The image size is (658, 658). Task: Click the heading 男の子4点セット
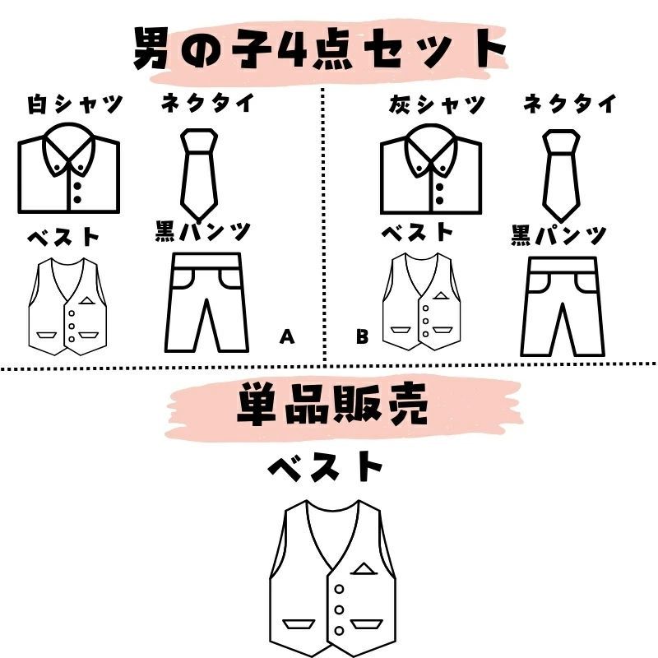[x=320, y=49]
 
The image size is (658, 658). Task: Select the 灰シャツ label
[x=437, y=104]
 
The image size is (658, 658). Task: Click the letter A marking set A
[x=287, y=336]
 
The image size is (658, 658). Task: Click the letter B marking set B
[x=362, y=336]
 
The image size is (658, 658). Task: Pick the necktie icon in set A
[x=199, y=175]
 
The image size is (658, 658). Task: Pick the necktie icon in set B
[x=562, y=176]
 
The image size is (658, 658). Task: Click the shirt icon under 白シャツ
[x=69, y=168]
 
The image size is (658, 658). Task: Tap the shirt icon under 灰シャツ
[x=431, y=169]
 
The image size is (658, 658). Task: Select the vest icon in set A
[x=67, y=307]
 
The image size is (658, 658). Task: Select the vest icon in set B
[x=421, y=302]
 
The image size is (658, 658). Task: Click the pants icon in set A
[x=206, y=302]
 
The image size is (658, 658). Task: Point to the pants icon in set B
[x=563, y=307]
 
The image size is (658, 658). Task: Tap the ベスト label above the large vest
[x=325, y=466]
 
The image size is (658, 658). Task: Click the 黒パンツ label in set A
[x=203, y=232]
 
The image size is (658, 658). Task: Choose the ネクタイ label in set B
[x=570, y=104]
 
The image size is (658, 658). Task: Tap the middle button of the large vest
[x=339, y=609]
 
